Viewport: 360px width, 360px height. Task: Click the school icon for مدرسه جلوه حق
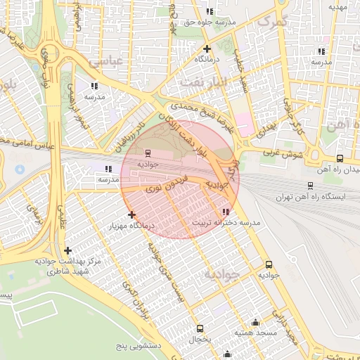coord(210,11)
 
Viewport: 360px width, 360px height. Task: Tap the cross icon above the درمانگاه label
coord(207,49)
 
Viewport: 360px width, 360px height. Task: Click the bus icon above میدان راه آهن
coord(340,158)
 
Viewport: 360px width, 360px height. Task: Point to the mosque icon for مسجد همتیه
coord(255,321)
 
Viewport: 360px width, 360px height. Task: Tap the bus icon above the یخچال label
coord(200,328)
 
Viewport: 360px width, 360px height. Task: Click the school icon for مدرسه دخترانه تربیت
coord(225,212)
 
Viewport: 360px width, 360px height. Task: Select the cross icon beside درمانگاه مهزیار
coord(131,214)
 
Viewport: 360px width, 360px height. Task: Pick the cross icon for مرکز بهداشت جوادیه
coord(67,250)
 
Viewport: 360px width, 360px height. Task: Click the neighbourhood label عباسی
coord(105,62)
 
